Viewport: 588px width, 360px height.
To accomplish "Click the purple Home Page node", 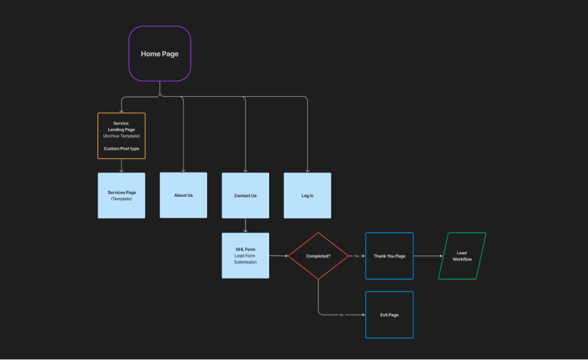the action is (x=160, y=54).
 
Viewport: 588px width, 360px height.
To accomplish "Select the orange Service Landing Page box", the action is (x=122, y=136).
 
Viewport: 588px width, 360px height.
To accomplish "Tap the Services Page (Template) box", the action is (x=122, y=195).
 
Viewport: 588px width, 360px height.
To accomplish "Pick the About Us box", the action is (x=184, y=195).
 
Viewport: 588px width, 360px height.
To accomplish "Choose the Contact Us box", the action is (x=245, y=195).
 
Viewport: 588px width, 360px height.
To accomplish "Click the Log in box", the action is (x=308, y=195).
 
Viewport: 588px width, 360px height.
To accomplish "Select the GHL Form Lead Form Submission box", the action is (x=245, y=255).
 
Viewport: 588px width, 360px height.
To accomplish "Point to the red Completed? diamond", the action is (x=318, y=256).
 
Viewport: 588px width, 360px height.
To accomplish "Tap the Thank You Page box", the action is (x=389, y=256).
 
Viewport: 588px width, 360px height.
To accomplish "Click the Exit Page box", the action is (x=389, y=315).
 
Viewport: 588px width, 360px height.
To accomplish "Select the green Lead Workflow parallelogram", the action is (x=462, y=256).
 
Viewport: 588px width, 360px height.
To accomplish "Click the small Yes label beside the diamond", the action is (x=357, y=256).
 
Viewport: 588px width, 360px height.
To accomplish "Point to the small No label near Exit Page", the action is (x=341, y=315).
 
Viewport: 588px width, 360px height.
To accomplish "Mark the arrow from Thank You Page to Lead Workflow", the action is (x=428, y=256).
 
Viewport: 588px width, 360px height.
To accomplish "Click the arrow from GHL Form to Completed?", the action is (x=278, y=255).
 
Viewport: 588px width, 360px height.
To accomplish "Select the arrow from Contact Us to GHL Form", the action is (x=245, y=225).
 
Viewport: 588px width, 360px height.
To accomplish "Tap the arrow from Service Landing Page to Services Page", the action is (x=122, y=166).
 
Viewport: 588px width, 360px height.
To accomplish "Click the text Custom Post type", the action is (x=122, y=148).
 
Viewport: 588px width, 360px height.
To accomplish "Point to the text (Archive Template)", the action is (x=122, y=136).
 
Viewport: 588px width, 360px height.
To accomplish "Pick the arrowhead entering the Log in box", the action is (x=308, y=171).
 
